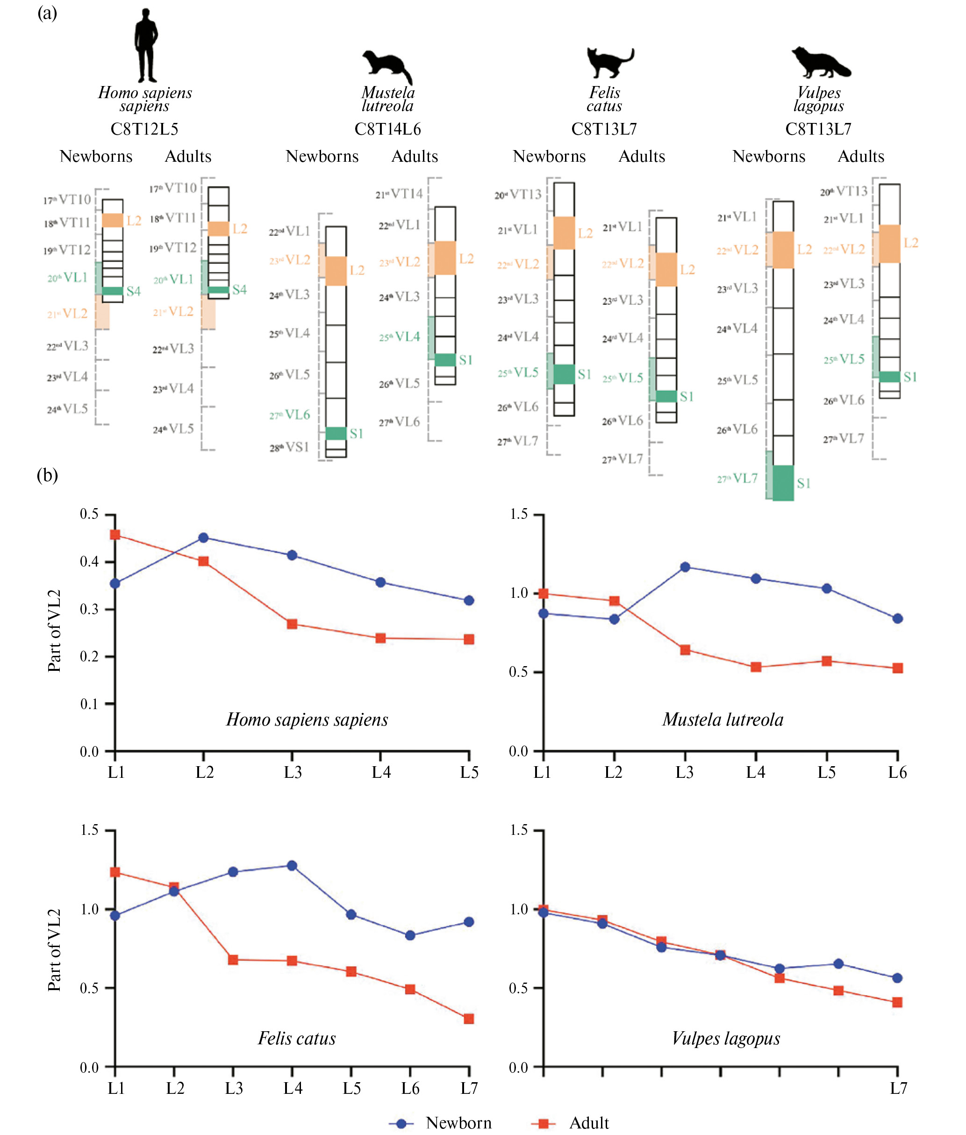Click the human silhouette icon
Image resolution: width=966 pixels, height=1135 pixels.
146,46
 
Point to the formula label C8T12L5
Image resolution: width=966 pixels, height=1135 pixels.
144,129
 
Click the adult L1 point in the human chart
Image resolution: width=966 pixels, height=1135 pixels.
115,535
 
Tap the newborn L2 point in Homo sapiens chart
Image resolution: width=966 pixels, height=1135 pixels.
204,538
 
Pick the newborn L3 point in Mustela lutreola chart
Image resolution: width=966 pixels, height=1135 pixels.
685,567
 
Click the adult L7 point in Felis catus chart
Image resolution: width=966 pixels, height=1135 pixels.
469,1019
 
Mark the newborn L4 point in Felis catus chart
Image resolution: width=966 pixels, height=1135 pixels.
292,865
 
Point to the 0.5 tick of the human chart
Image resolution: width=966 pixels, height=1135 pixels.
89,514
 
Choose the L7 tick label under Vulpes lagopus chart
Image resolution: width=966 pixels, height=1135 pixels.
898,1088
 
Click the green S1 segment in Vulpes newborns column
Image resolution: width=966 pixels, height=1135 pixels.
783,482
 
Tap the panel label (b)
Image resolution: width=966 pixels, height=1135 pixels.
47,475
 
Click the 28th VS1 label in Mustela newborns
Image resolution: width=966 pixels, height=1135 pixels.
290,447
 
